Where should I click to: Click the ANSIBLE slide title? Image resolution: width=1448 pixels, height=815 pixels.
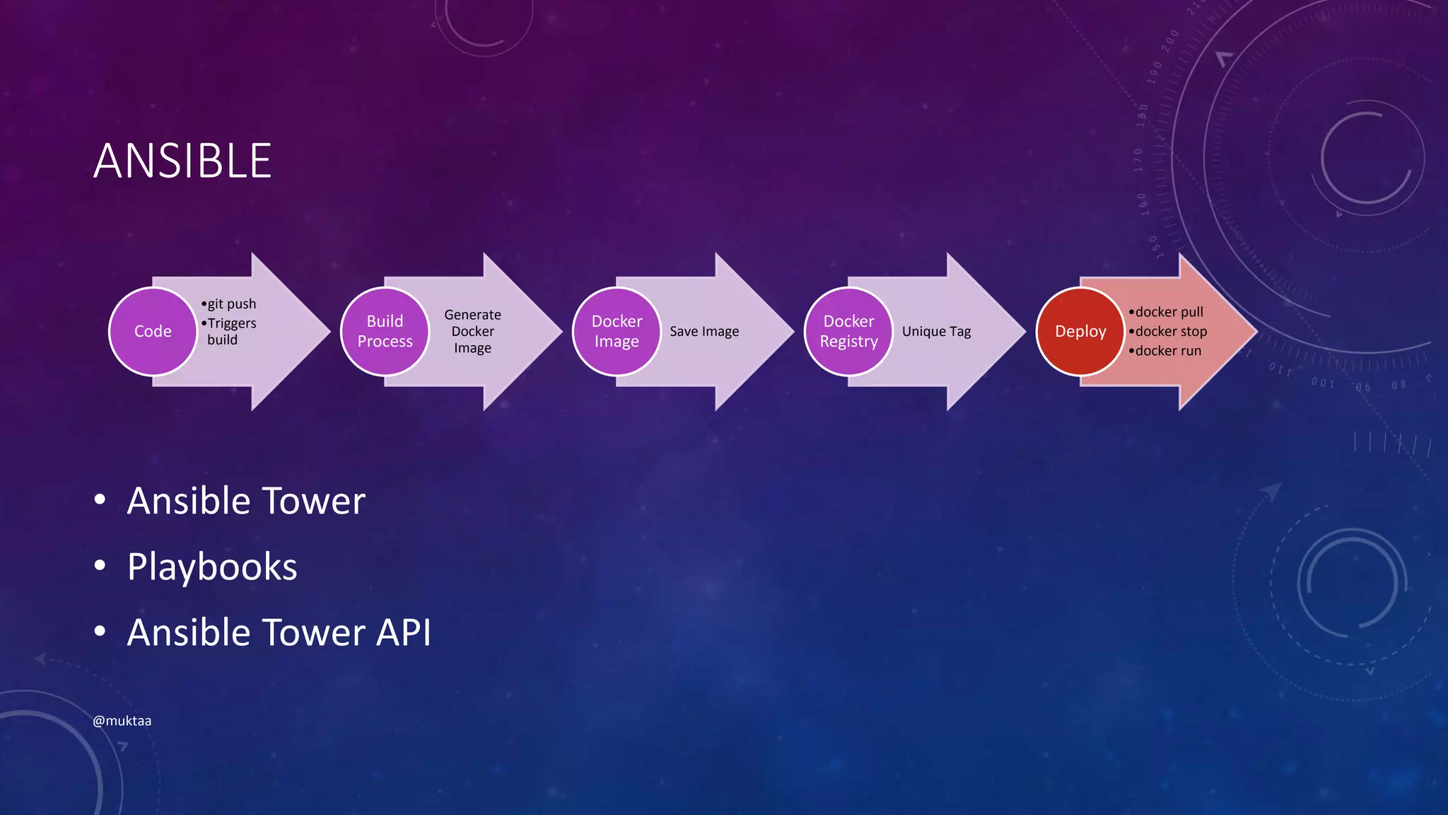(x=182, y=161)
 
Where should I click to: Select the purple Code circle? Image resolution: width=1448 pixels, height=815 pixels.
(x=153, y=331)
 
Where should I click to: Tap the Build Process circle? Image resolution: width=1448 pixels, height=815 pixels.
(x=385, y=331)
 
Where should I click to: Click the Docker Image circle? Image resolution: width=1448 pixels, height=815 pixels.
(x=617, y=331)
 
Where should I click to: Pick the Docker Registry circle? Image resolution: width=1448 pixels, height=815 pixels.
(x=848, y=331)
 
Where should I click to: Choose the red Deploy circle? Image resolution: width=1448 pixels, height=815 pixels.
(x=1080, y=331)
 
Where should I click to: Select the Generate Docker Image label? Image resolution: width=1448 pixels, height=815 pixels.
(x=472, y=331)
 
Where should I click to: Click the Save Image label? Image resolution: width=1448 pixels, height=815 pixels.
(x=704, y=331)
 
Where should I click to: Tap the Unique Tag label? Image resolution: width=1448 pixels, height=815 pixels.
(x=936, y=331)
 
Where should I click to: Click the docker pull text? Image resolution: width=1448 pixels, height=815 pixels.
(x=1169, y=312)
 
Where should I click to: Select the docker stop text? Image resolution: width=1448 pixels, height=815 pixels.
(x=1171, y=331)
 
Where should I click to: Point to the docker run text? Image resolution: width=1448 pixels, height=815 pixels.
(x=1168, y=351)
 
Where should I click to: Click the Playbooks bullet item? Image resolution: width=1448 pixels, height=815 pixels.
(x=212, y=567)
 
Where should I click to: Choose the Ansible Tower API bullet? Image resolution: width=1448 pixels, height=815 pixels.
(x=279, y=632)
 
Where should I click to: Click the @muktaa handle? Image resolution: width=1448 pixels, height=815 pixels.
(x=122, y=721)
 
